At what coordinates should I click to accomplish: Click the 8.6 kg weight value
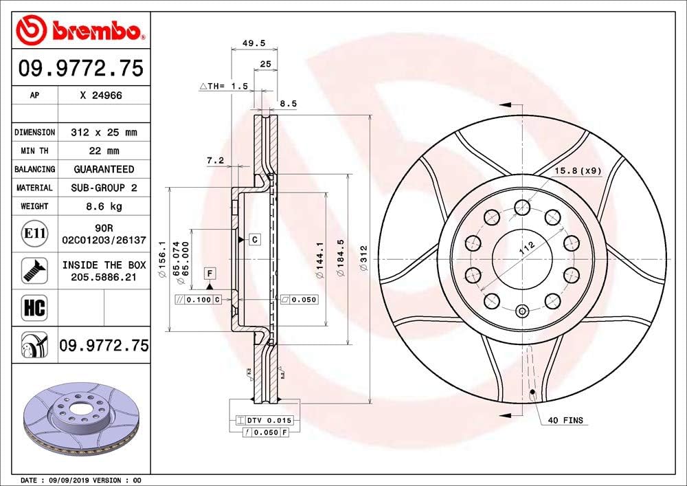[x=104, y=206]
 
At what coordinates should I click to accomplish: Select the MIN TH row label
[x=34, y=151]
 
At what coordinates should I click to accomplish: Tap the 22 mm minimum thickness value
[x=104, y=151]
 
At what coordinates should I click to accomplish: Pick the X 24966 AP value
[x=104, y=96]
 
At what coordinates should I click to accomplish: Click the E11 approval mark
[x=34, y=234]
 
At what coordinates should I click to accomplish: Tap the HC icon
[x=34, y=307]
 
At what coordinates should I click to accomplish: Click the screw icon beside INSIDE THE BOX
[x=34, y=270]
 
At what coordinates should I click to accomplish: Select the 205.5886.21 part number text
[x=104, y=276]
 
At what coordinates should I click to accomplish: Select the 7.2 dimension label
[x=215, y=160]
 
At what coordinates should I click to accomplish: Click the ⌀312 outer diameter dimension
[x=364, y=259]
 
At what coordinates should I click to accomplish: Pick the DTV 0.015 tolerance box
[x=260, y=420]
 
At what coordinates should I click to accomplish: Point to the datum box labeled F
[x=210, y=274]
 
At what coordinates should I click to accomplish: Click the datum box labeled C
[x=254, y=239]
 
